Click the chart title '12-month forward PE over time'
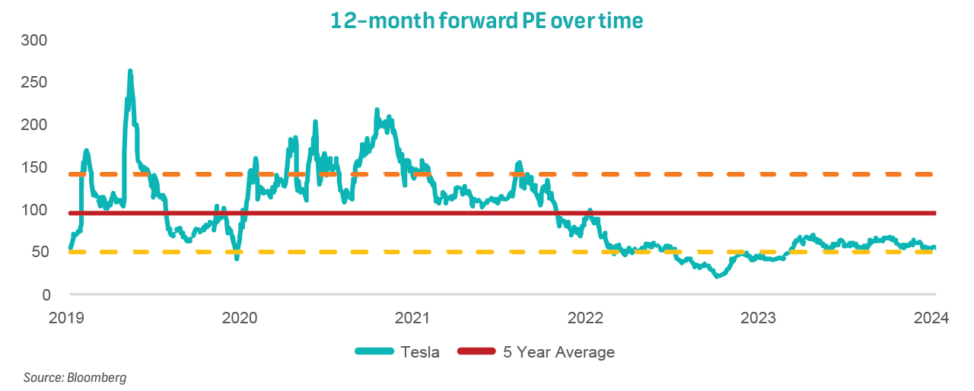coord(487,21)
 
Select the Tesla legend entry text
coord(420,352)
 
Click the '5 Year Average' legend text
coord(559,352)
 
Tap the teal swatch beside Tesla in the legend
coord(374,351)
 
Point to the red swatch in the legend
coord(477,351)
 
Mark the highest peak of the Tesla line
coord(130,72)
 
